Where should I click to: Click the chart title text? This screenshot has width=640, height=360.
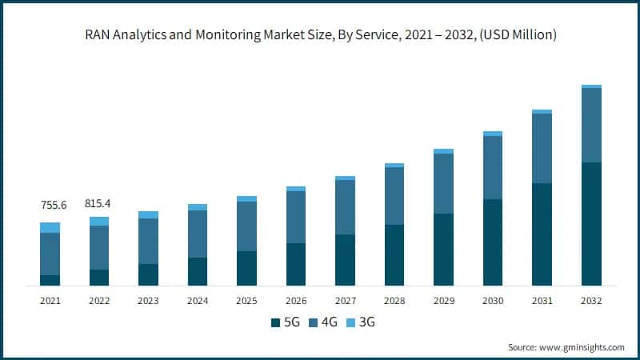(x=320, y=34)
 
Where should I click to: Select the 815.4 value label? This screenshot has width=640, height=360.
(x=99, y=204)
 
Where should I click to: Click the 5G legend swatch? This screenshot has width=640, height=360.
(x=276, y=322)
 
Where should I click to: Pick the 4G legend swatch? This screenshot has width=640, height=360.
(x=313, y=322)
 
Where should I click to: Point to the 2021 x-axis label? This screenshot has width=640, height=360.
(x=50, y=301)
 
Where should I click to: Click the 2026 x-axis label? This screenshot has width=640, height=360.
(x=296, y=301)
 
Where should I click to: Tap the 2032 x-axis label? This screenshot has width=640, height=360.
(x=591, y=301)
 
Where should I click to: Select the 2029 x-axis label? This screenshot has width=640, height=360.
(x=444, y=301)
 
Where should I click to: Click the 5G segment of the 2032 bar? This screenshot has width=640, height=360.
(x=591, y=224)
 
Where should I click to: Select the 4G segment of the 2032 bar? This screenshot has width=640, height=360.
(x=591, y=125)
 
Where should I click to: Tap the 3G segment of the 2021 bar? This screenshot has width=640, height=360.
(x=50, y=227)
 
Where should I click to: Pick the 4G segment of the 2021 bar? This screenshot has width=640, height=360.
(x=50, y=254)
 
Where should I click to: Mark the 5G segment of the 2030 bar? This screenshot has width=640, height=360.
(x=493, y=242)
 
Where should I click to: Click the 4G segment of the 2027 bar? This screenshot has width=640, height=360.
(x=346, y=207)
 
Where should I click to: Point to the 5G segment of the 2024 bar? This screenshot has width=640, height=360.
(x=198, y=271)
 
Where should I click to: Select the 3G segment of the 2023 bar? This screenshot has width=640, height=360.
(x=148, y=214)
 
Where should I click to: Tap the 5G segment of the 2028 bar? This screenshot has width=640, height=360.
(x=394, y=255)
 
